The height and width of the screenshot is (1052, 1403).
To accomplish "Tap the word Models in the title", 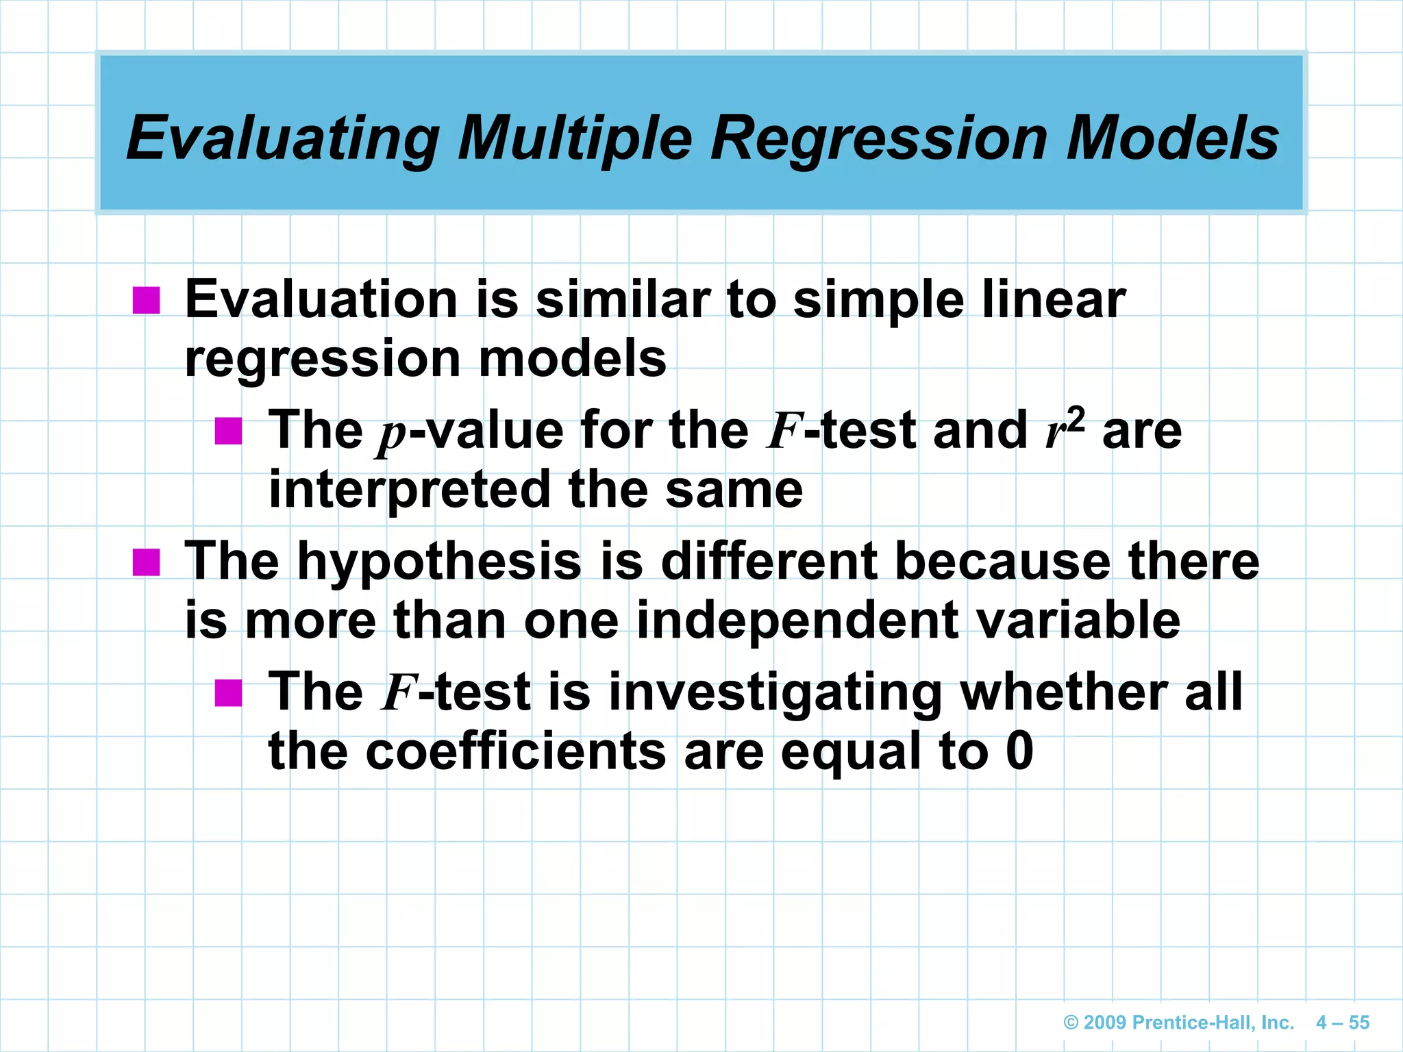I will click(x=1171, y=138).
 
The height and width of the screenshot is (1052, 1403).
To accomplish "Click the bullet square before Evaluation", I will click(x=146, y=300).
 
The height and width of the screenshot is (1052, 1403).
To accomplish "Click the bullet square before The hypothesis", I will click(x=146, y=562).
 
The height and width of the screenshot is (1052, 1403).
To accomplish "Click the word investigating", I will click(x=774, y=692).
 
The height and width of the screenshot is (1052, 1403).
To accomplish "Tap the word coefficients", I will click(x=515, y=751).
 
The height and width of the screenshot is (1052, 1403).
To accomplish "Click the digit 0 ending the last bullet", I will click(x=1019, y=751).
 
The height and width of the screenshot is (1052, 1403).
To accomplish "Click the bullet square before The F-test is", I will click(x=228, y=692).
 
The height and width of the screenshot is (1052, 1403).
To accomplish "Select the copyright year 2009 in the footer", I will click(x=1104, y=1023).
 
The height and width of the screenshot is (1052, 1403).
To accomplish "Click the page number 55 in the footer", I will click(x=1358, y=1023).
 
